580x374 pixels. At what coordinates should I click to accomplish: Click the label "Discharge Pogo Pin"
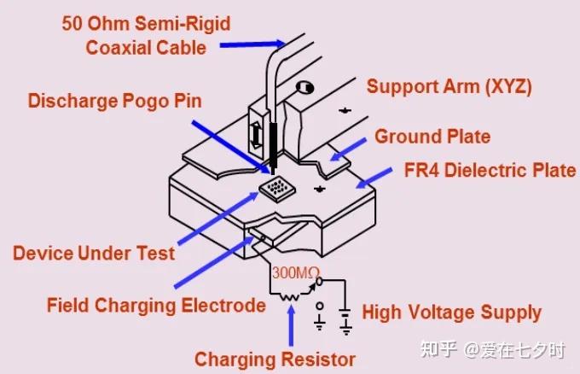115,101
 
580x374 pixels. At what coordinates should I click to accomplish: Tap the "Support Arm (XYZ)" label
449,86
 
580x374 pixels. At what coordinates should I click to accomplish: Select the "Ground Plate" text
432,137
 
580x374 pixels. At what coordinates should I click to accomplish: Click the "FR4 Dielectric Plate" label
490,170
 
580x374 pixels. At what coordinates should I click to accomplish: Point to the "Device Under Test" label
94,254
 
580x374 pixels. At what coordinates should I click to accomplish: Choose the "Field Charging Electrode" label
156,306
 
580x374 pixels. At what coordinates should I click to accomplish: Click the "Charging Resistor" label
275,359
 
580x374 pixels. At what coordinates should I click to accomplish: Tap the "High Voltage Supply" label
452,313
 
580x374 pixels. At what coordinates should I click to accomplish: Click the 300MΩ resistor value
296,273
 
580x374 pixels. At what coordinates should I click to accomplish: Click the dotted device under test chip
277,189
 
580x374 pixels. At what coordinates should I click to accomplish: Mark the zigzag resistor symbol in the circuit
289,296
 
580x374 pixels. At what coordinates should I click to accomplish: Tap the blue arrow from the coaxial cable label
252,44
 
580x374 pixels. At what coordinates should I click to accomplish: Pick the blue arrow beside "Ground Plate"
348,149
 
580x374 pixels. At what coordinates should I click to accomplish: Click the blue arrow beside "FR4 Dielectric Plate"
374,178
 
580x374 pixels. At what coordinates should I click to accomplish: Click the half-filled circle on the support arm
305,88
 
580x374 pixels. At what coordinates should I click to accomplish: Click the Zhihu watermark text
493,349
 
